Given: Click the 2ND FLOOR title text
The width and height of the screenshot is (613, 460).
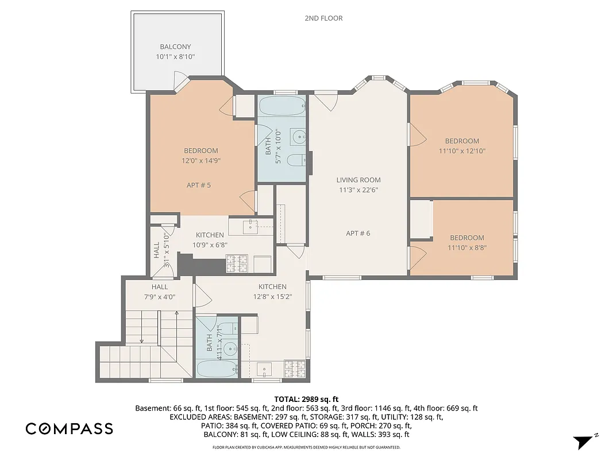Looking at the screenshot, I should pyautogui.click(x=323, y=18).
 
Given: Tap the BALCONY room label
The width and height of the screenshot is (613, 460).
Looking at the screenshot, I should pyautogui.click(x=175, y=47).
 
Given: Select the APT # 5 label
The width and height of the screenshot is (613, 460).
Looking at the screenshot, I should pyautogui.click(x=199, y=185).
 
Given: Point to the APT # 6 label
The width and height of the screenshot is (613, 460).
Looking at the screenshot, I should pyautogui.click(x=358, y=233).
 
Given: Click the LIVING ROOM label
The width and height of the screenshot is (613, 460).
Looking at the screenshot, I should pyautogui.click(x=358, y=180).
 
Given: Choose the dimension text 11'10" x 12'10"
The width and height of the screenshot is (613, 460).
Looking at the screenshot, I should pyautogui.click(x=462, y=151).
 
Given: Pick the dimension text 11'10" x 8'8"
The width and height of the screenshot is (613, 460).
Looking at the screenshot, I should pyautogui.click(x=467, y=248).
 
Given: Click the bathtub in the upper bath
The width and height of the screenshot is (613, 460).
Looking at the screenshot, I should pyautogui.click(x=281, y=107).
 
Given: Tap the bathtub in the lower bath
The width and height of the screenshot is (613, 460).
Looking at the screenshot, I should pyautogui.click(x=216, y=369).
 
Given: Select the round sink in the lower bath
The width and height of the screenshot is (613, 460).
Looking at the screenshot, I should pyautogui.click(x=230, y=348).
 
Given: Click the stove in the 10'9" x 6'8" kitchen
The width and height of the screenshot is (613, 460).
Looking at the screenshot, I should pyautogui.click(x=237, y=263).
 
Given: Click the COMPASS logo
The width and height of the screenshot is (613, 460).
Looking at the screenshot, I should pyautogui.click(x=69, y=428).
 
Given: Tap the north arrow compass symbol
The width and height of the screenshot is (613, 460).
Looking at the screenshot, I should pyautogui.click(x=584, y=442).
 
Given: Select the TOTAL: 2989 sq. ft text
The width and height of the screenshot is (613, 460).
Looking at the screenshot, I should pyautogui.click(x=306, y=398).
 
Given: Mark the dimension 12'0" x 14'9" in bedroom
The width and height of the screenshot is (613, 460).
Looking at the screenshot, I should pyautogui.click(x=201, y=161).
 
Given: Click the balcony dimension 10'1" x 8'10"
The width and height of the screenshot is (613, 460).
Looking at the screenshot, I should pyautogui.click(x=175, y=57).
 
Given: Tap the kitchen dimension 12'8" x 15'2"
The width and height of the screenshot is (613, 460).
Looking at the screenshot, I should pyautogui.click(x=272, y=297).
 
